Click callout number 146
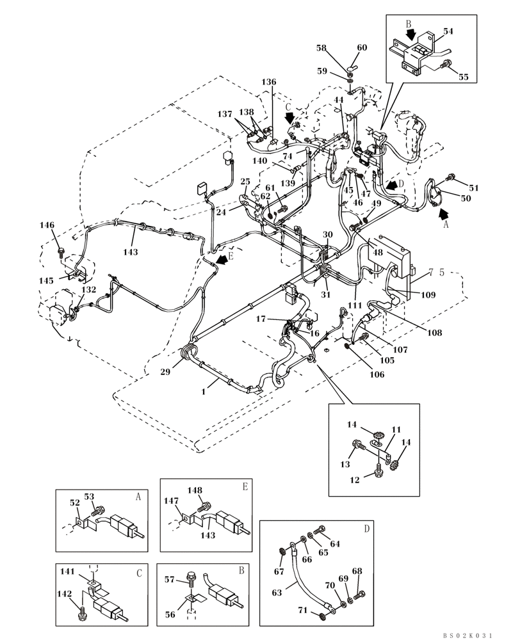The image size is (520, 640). pos(47,225)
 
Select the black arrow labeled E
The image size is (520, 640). pos(222,259)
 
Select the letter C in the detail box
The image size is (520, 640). pos(139,573)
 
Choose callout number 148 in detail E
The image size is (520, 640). pos(195,491)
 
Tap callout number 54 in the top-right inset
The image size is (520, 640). pos(448,31)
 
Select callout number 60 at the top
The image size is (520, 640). pos(362,48)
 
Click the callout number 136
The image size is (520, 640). pos(269,82)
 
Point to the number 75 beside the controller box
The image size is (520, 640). pos(436,272)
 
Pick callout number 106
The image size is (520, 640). pos(377,374)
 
